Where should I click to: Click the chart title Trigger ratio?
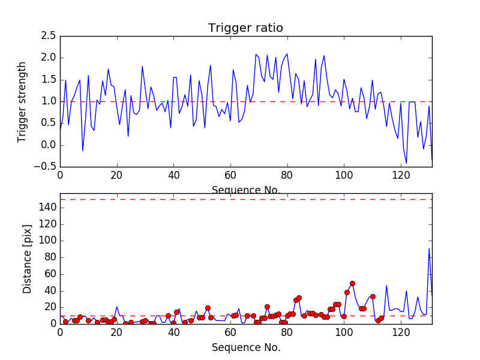click(245, 28)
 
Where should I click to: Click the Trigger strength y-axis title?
click(22, 101)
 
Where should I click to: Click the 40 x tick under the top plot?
click(173, 176)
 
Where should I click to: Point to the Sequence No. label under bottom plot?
click(245, 347)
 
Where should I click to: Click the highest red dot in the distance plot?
click(352, 283)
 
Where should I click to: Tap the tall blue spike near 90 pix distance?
click(429, 248)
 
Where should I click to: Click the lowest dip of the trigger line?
click(406, 163)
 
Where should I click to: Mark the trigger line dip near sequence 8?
click(83, 151)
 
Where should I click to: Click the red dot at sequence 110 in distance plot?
click(373, 296)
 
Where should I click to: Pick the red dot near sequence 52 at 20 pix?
click(208, 308)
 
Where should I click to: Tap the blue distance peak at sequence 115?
click(386, 286)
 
